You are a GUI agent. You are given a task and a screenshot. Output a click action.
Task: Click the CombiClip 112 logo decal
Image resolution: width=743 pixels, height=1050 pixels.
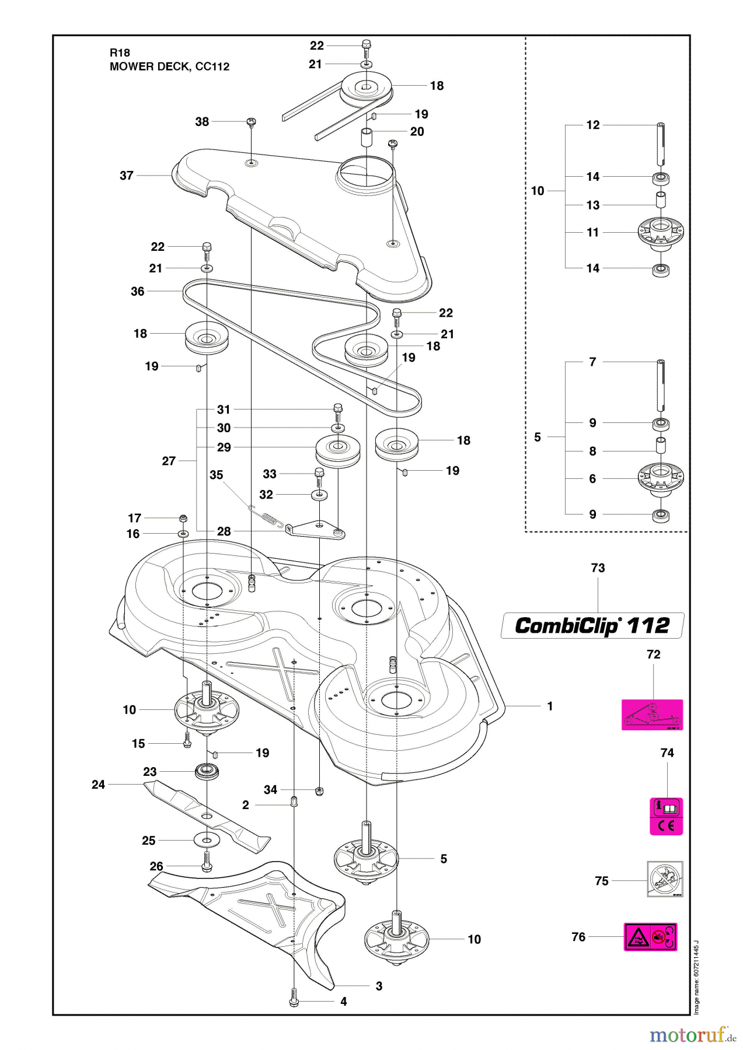point(592,625)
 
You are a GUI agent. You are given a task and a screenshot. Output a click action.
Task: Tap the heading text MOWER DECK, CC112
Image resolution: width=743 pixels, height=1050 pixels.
point(169,66)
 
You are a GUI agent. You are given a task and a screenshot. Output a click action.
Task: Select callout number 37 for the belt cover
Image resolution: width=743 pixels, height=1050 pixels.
point(127,176)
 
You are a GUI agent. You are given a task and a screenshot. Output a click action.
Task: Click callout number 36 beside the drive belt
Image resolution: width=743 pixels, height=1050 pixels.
point(137,291)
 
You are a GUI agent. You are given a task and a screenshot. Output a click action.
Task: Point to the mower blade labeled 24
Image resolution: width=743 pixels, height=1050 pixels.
point(207,812)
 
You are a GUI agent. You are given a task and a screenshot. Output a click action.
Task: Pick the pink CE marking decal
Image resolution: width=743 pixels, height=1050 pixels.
point(666,817)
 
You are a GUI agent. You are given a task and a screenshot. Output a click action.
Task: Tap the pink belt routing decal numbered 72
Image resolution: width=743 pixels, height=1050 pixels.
point(652,715)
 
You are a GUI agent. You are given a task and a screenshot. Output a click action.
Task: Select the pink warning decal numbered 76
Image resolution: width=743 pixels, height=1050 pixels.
point(650,937)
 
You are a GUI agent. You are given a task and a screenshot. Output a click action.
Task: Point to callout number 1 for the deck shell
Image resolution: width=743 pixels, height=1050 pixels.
point(550,706)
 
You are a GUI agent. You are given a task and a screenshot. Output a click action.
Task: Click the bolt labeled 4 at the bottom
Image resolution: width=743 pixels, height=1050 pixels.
point(294,1001)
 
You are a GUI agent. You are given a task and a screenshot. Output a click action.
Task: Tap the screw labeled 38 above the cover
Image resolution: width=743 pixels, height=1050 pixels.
point(252,122)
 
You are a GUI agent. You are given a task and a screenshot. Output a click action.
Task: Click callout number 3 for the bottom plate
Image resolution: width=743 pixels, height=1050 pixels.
point(379,986)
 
